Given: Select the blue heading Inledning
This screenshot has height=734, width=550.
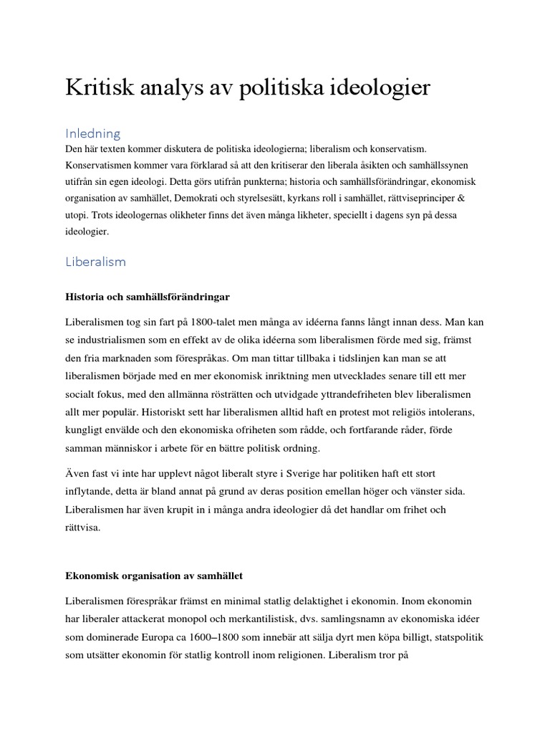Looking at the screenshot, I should coord(93,133).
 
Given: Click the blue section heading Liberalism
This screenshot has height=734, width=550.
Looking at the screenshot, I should coord(95,262).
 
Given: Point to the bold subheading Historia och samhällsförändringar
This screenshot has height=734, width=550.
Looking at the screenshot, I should coord(148,295).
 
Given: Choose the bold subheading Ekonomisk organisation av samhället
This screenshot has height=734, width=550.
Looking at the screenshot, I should coord(155,576).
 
